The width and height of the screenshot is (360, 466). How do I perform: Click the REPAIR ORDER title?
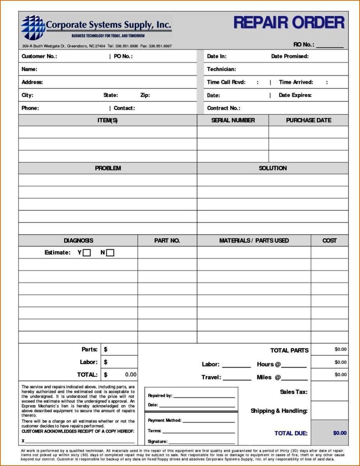[289, 23]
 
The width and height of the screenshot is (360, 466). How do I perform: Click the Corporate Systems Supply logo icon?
[33, 27]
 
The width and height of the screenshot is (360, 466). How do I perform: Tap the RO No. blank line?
[330, 46]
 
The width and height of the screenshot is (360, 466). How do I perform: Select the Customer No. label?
[39, 56]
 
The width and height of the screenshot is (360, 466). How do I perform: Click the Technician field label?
[221, 69]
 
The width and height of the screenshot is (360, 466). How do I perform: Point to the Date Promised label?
[289, 56]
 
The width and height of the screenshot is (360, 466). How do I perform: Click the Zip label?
[145, 95]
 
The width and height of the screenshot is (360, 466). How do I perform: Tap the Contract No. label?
[223, 108]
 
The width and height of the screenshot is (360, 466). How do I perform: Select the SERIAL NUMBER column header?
[233, 120]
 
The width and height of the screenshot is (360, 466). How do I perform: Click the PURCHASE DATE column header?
[308, 120]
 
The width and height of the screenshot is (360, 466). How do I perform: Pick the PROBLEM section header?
[108, 168]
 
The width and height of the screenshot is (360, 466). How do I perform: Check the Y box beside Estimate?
[87, 253]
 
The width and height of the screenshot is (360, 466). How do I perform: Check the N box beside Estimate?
[110, 253]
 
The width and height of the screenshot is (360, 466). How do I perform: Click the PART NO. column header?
[167, 240]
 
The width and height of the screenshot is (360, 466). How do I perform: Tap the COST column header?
[329, 240]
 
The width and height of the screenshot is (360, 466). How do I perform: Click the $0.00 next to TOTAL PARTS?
[340, 350]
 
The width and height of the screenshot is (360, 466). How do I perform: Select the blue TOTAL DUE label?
[291, 433]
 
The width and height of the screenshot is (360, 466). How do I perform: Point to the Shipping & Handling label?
[279, 411]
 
